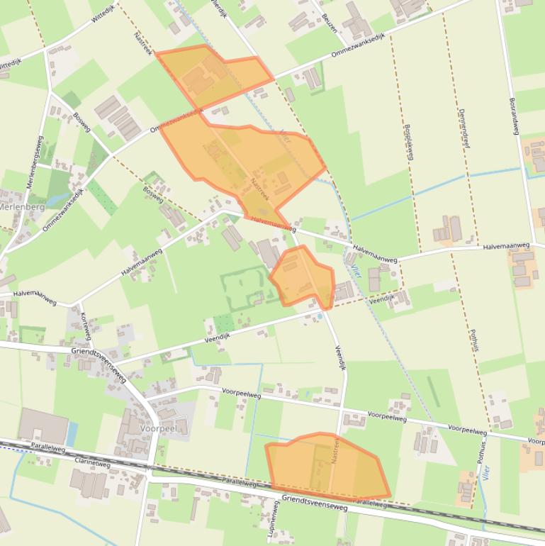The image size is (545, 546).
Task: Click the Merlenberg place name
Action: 22,207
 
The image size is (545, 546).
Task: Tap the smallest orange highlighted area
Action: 303,277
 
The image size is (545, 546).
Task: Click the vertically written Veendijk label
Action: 340,357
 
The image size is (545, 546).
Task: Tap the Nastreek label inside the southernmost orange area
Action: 335,450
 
